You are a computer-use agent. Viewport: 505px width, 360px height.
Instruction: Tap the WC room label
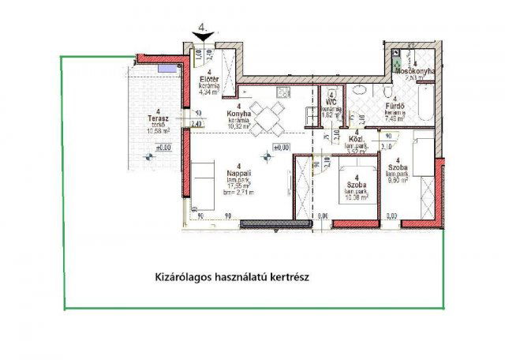coord(331,102)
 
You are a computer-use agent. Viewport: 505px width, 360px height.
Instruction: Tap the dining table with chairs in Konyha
coord(271,117)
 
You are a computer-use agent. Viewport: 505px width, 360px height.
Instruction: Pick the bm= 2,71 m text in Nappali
coord(238,193)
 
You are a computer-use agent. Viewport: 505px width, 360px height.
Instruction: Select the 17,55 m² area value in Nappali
coord(238,186)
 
